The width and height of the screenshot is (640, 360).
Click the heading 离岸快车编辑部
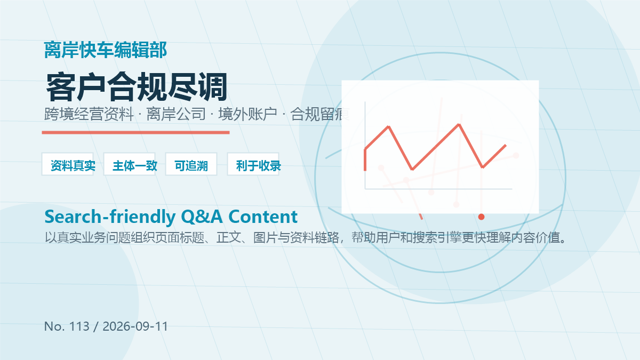click(x=106, y=50)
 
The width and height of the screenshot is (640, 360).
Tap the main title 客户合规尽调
click(x=137, y=87)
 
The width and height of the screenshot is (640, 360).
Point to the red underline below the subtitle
click(x=135, y=132)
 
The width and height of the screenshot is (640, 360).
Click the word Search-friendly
click(x=110, y=217)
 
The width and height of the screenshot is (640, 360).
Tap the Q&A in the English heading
click(x=202, y=217)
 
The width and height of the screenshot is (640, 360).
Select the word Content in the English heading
click(x=263, y=217)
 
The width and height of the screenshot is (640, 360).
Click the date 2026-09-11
click(x=135, y=326)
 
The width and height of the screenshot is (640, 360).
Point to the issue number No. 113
click(x=67, y=326)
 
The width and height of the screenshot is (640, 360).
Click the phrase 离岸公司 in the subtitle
click(x=176, y=114)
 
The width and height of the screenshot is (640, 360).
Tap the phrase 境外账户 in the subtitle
click(x=248, y=114)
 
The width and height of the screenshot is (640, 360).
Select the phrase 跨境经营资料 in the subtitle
click(x=89, y=114)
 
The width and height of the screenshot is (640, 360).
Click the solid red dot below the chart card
click(x=481, y=217)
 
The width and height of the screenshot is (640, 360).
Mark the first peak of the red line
click(x=389, y=126)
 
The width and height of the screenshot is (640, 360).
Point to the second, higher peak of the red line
click(x=459, y=125)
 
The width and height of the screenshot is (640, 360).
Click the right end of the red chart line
click(x=506, y=146)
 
